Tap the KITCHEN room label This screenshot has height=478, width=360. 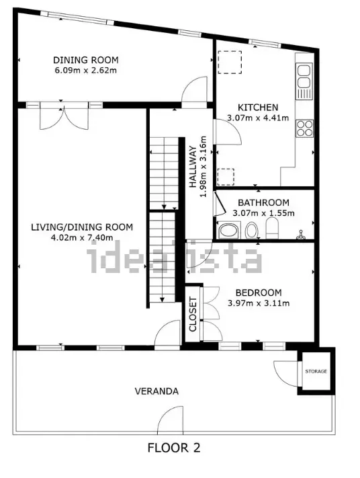coord(258,108)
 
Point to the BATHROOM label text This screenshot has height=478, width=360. coord(263,202)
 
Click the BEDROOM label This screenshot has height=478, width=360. coord(258,292)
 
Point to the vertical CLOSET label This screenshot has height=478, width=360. coord(192,315)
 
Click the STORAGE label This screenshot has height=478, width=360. coord(316,370)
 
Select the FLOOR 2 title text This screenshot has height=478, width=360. coord(174,447)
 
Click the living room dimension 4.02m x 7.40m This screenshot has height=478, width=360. coord(82,237)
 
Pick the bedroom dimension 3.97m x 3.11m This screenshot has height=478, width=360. coord(258,303)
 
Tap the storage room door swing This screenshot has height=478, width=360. coord(285,373)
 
